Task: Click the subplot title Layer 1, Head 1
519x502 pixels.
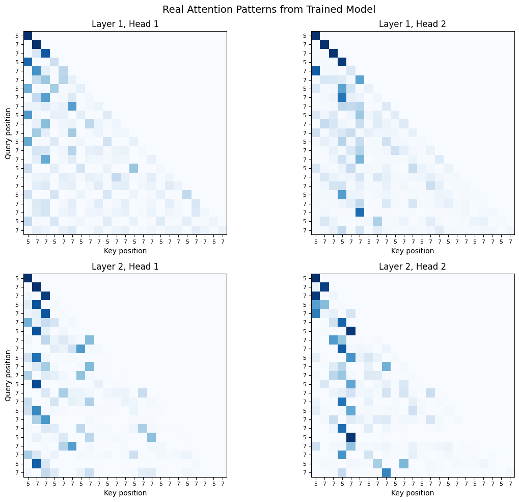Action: [x=125, y=24]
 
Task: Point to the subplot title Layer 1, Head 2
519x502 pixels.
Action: [x=413, y=24]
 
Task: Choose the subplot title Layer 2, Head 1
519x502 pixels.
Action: [x=125, y=267]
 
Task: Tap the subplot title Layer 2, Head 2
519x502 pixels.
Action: [x=413, y=267]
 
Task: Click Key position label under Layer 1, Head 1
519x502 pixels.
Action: [x=125, y=251]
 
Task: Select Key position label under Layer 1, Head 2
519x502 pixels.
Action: [x=413, y=251]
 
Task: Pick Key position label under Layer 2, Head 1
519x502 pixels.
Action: [x=125, y=493]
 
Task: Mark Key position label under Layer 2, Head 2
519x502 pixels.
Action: [x=413, y=493]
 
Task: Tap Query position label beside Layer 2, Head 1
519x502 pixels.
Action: [x=8, y=375]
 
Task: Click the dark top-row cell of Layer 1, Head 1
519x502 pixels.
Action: [x=28, y=35]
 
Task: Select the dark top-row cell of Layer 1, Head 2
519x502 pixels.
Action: [x=315, y=35]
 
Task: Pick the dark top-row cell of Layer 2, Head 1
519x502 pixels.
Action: [x=28, y=278]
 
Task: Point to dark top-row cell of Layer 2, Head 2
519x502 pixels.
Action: [x=315, y=278]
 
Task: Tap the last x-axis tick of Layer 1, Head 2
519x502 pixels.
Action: [x=510, y=240]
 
